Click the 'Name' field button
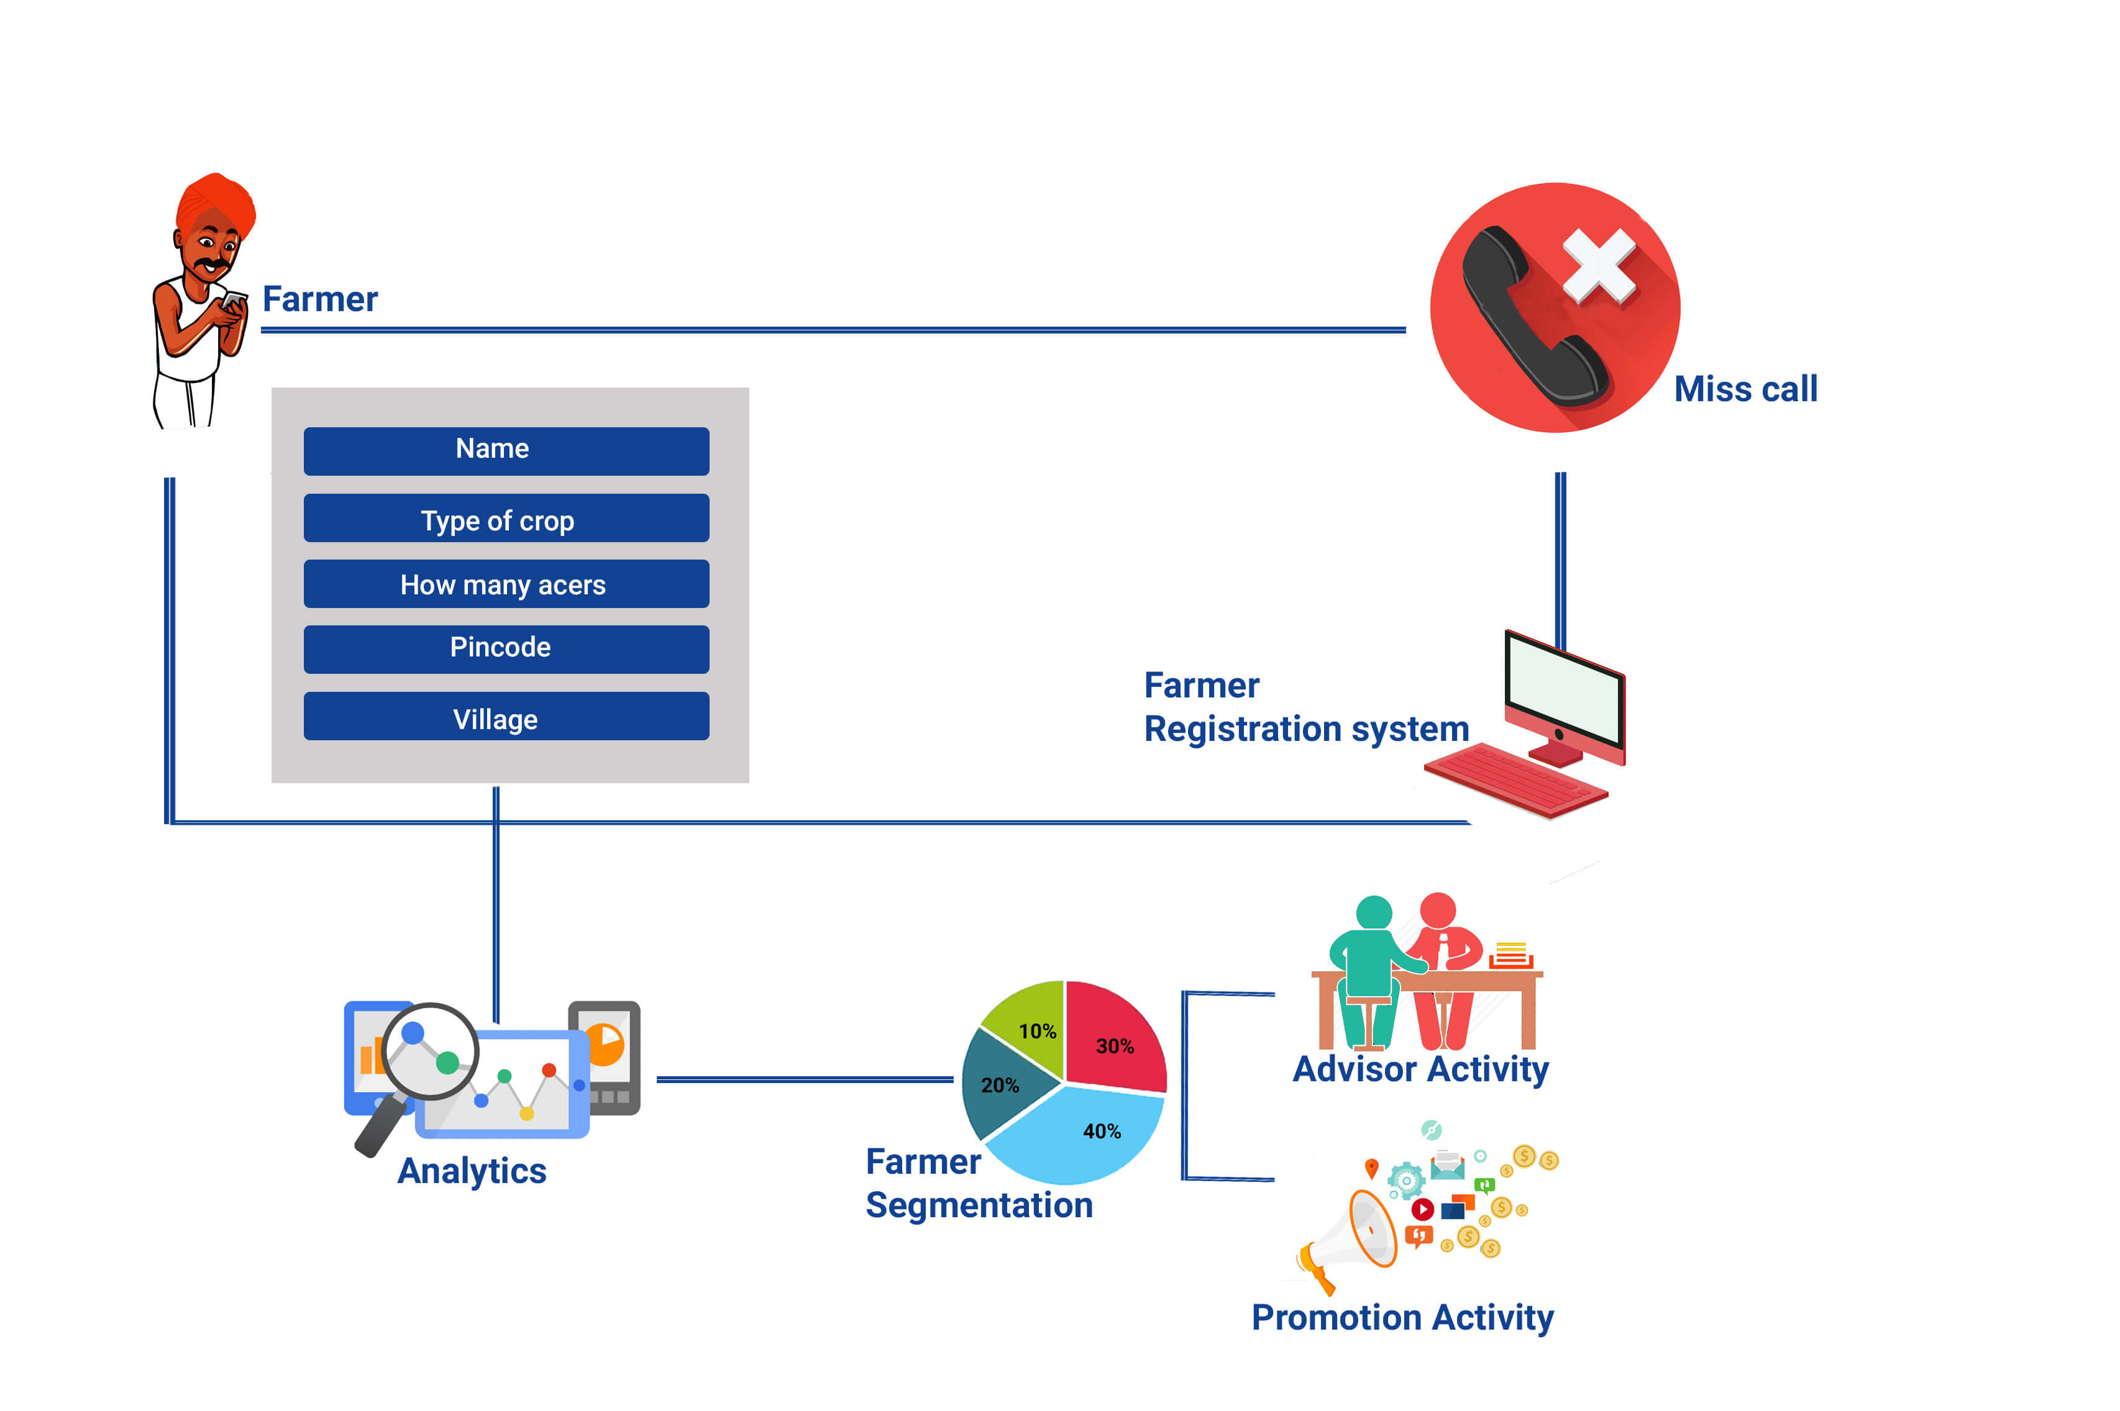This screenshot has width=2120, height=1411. (x=506, y=451)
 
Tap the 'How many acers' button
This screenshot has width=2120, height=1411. (x=506, y=584)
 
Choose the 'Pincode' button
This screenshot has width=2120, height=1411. (x=506, y=649)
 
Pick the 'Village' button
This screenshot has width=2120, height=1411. (x=506, y=716)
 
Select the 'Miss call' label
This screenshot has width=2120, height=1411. (x=1745, y=389)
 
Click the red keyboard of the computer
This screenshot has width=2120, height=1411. (x=1516, y=779)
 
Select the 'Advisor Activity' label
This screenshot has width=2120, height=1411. (x=1420, y=1069)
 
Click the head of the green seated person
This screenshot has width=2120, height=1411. (x=1374, y=912)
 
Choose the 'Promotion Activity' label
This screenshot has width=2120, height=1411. (x=1402, y=1317)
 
